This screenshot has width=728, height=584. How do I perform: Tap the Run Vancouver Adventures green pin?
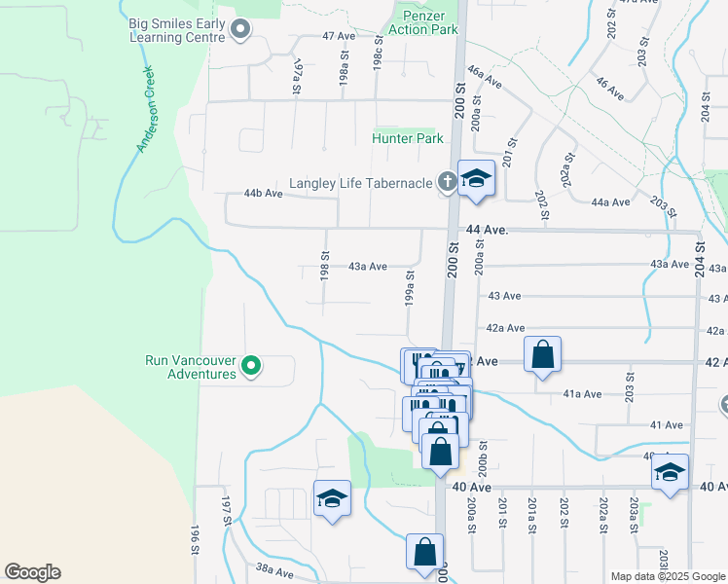click(251, 366)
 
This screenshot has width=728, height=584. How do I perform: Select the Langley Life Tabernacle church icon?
click(446, 181)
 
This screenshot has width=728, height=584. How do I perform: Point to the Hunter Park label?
click(408, 138)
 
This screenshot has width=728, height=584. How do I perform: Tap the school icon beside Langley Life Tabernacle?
click(476, 179)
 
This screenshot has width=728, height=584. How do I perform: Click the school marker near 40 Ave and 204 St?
click(670, 473)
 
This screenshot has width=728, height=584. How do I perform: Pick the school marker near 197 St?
click(332, 499)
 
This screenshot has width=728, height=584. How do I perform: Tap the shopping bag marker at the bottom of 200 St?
click(425, 552)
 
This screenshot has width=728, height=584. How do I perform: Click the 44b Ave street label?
click(263, 194)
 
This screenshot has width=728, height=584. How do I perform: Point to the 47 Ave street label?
click(340, 35)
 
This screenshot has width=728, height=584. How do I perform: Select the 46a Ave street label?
click(484, 76)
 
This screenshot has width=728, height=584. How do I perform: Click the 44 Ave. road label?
click(488, 230)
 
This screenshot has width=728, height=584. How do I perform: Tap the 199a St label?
click(411, 286)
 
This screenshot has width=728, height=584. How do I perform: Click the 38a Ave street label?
click(274, 567)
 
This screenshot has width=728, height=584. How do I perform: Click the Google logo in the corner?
click(32, 572)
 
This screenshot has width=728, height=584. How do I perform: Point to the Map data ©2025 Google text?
click(667, 576)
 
